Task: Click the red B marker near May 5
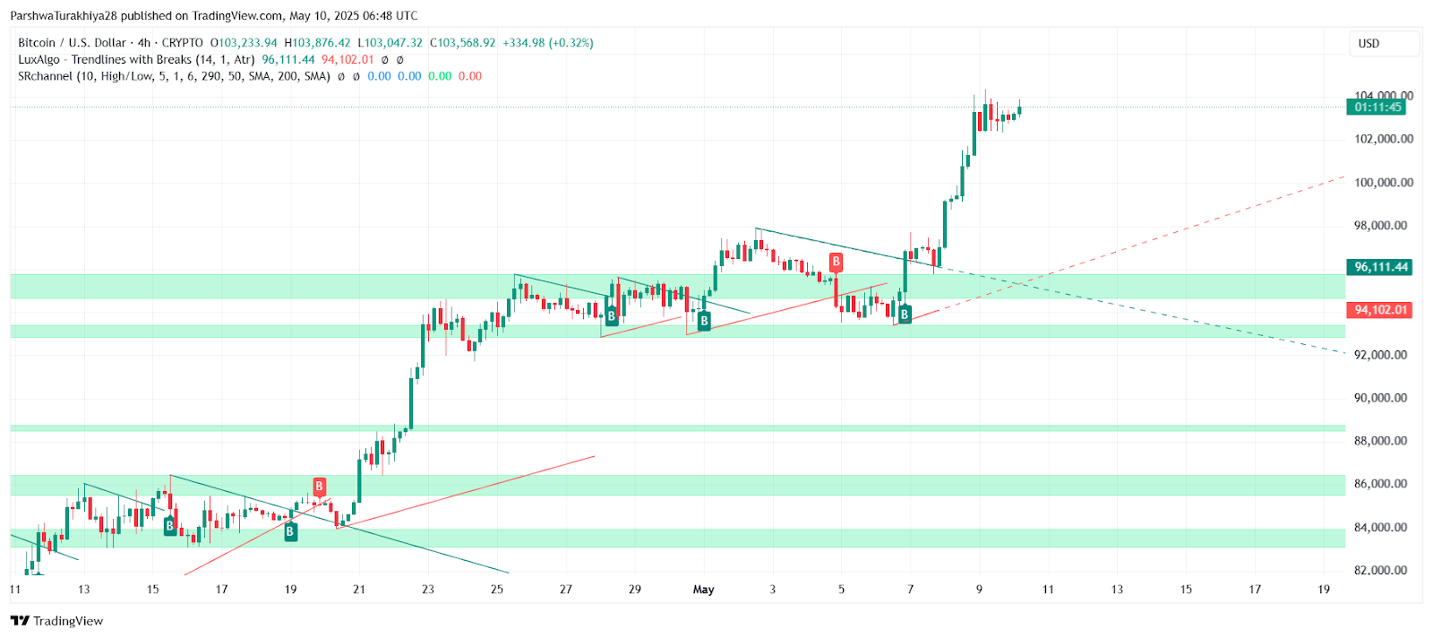pyautogui.click(x=836, y=262)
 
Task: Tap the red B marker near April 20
pyautogui.click(x=319, y=487)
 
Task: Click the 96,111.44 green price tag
pyautogui.click(x=1380, y=267)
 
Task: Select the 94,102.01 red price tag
pyautogui.click(x=1380, y=310)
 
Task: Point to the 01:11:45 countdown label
pyautogui.click(x=1377, y=108)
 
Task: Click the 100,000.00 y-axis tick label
pyautogui.click(x=1383, y=183)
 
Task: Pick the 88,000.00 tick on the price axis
pyautogui.click(x=1383, y=441)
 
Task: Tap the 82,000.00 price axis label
pyautogui.click(x=1383, y=570)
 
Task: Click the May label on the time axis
pyautogui.click(x=704, y=590)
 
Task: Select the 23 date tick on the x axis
pyautogui.click(x=428, y=590)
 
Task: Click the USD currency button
pyautogui.click(x=1369, y=44)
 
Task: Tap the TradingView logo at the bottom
pyautogui.click(x=57, y=621)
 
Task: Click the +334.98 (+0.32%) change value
pyautogui.click(x=548, y=43)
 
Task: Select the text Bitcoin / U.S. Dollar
pyautogui.click(x=73, y=43)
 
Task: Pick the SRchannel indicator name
pyautogui.click(x=45, y=76)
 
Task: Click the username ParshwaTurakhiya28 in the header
pyautogui.click(x=61, y=16)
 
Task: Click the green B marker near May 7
pyautogui.click(x=905, y=315)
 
